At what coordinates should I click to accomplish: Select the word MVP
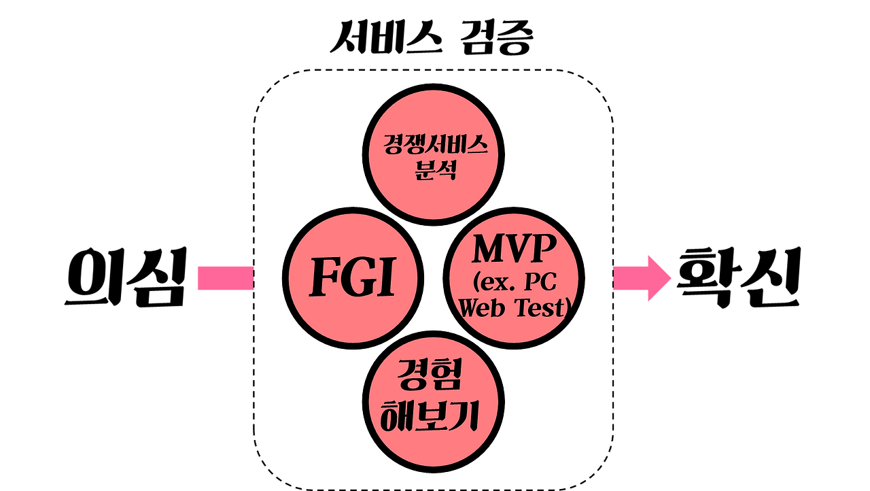pos(513,250)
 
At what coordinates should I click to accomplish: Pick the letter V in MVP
pos(518,250)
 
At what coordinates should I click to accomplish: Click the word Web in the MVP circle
pos(483,308)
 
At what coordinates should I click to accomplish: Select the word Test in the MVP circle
pos(540,308)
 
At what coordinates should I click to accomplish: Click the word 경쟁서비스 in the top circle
pos(434,145)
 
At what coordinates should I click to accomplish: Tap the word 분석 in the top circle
pos(435,168)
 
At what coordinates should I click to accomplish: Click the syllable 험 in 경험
pos(447,376)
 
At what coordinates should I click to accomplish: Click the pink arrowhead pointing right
pos(658,278)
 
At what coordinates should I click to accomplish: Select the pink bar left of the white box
pos(225,278)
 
